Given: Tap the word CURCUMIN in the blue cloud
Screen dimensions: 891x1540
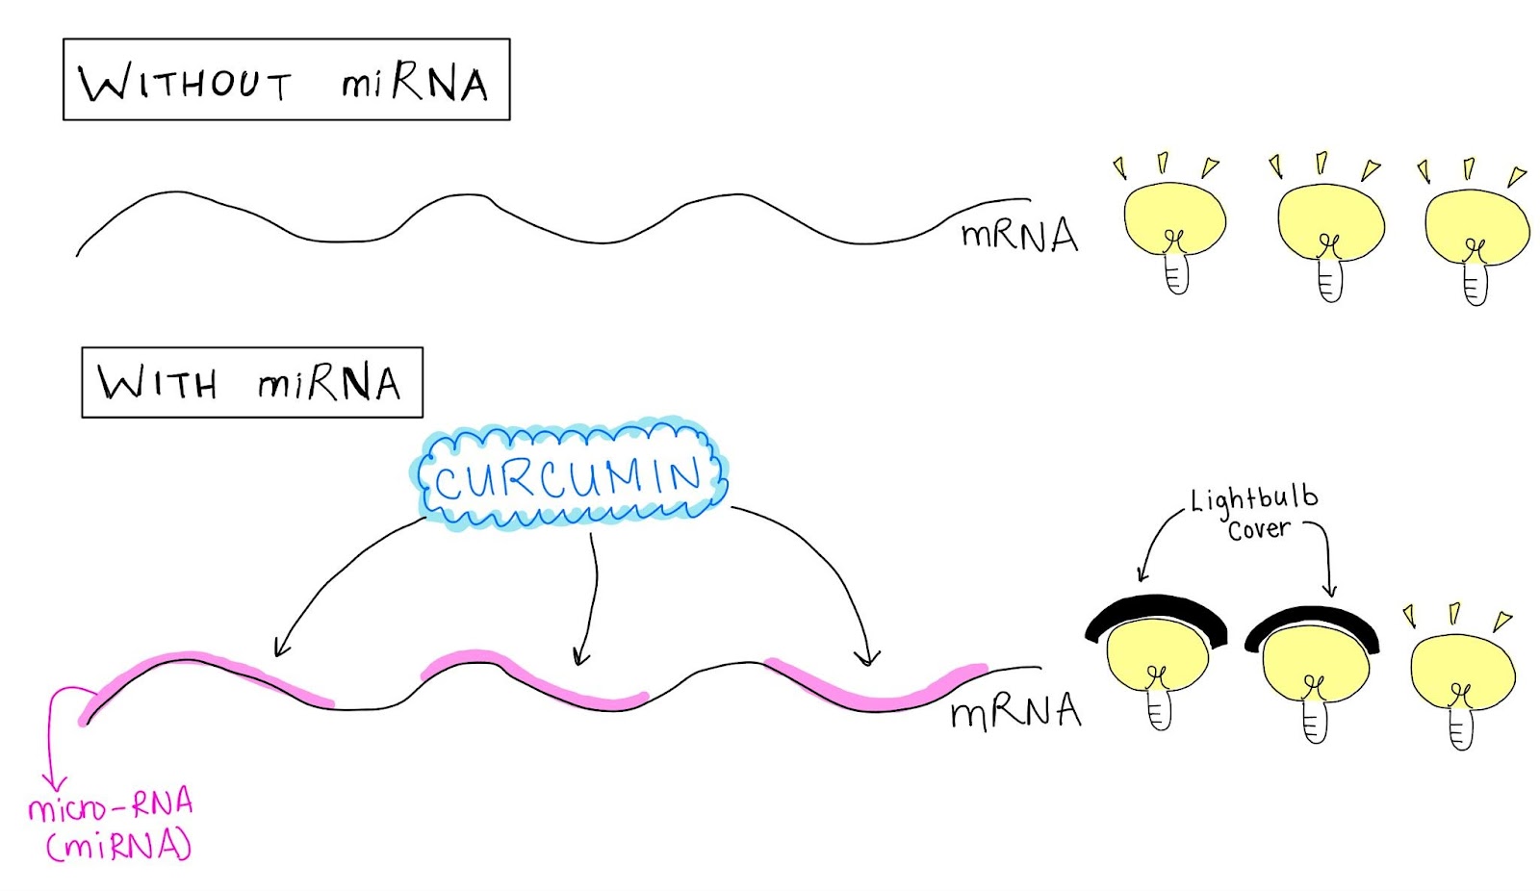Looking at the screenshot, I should [x=569, y=477].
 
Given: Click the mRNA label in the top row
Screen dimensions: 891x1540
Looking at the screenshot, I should [x=1019, y=235].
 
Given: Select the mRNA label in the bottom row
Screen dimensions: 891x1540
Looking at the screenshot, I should [x=1014, y=712].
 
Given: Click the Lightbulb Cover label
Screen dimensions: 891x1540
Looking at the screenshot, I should [x=1255, y=514].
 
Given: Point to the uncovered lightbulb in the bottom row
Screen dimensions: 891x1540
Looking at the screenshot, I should [x=1461, y=679].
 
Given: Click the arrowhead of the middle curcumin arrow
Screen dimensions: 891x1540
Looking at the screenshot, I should [x=580, y=659].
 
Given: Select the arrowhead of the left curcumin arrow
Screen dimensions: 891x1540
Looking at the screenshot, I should [x=280, y=649].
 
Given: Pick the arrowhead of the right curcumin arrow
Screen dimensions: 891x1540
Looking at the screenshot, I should [x=867, y=659].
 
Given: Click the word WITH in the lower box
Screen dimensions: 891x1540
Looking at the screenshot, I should [x=158, y=384].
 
